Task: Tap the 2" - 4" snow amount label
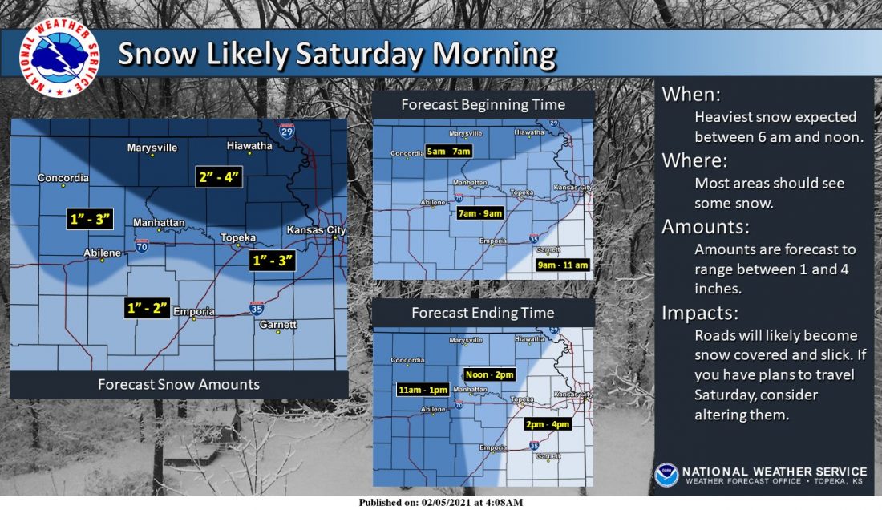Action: (218, 177)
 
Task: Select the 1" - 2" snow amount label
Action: (148, 308)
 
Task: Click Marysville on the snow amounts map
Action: (152, 148)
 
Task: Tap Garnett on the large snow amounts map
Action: (278, 325)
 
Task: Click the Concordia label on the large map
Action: (63, 178)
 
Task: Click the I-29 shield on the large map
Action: (286, 130)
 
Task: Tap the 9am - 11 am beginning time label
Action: (563, 265)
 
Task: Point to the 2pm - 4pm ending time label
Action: (548, 424)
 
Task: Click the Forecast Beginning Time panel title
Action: (483, 105)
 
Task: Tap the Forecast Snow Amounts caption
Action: (179, 384)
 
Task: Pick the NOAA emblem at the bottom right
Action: (666, 475)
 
